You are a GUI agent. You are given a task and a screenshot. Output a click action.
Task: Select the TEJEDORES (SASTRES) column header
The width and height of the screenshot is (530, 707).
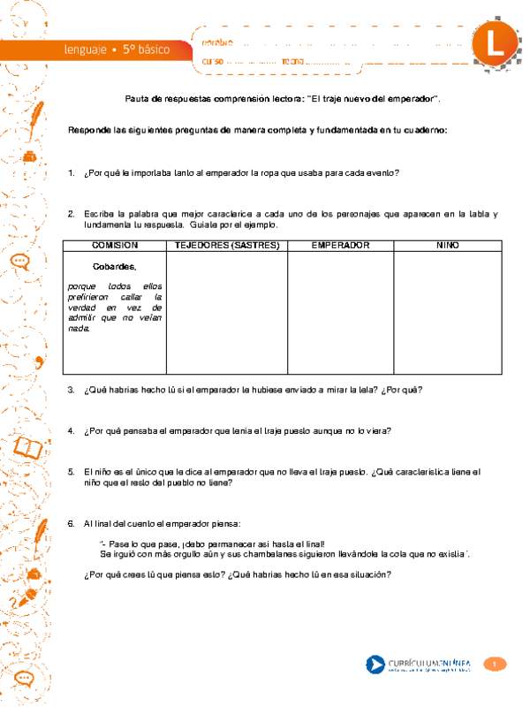coord(227,245)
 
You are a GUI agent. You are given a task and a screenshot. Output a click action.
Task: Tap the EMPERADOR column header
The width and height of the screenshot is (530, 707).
coord(340,245)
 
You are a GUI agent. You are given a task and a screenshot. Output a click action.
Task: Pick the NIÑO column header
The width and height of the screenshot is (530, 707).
coord(447,245)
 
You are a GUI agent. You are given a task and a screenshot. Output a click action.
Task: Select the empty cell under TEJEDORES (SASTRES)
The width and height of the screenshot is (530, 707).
coord(227,314)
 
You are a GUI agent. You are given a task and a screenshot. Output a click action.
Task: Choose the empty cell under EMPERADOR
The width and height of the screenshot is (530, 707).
coord(340,314)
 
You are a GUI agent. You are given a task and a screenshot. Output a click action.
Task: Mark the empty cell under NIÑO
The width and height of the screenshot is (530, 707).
coord(447,314)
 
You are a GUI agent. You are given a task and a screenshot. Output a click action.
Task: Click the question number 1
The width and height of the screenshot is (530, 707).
coord(71,173)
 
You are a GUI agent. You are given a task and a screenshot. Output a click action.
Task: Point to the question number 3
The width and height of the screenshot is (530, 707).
coord(71,391)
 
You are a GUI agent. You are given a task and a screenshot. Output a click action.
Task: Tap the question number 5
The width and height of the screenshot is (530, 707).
coord(71,472)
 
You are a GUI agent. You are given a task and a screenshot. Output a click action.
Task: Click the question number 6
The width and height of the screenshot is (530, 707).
coord(71,524)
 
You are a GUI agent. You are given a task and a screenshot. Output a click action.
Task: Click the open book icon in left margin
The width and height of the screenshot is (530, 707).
coord(28,448)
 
